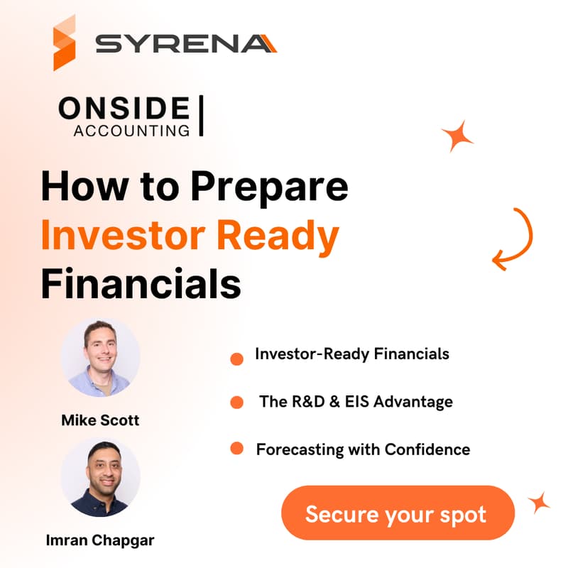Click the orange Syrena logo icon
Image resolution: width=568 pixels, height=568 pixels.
tap(65, 43)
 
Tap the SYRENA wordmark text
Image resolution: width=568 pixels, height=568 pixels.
tap(186, 44)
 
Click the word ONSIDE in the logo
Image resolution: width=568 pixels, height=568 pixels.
tap(124, 108)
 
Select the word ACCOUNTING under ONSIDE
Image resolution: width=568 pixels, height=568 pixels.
tap(131, 131)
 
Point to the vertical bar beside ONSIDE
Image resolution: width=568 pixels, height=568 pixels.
tap(201, 116)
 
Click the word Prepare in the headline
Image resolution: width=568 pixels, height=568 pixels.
tap(269, 187)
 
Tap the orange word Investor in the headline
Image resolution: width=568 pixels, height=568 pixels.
tap(124, 235)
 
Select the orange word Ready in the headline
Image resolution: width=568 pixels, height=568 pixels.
tap(278, 236)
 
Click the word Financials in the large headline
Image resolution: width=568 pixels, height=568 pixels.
tap(141, 283)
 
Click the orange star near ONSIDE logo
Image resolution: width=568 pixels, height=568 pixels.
tap(457, 136)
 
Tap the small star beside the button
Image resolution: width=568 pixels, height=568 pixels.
tap(539, 503)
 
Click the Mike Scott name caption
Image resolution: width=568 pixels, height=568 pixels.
tap(100, 420)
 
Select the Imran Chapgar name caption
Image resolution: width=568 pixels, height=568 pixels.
tap(100, 540)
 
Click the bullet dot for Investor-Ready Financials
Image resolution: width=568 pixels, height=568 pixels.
tap(237, 359)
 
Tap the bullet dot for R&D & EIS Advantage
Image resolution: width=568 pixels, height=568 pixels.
tap(237, 402)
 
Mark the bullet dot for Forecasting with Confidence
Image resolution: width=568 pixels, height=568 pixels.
tap(237, 448)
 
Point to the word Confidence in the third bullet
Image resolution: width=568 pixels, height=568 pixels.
tap(427, 449)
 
